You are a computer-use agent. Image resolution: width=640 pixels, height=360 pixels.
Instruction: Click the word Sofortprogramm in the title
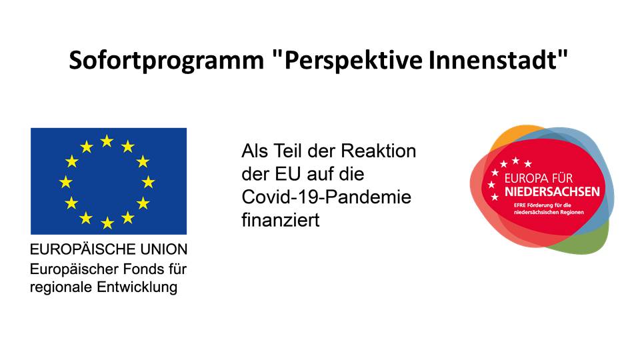pyautogui.click(x=167, y=61)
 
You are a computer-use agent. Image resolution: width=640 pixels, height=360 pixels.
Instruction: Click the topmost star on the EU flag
pyautogui.click(x=107, y=141)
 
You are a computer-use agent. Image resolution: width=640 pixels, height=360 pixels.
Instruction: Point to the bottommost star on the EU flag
pyautogui.click(x=107, y=223)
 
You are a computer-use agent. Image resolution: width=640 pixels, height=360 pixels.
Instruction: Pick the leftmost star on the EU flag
pyautogui.click(x=66, y=181)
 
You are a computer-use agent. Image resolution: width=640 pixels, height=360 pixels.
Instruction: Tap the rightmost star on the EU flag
pyautogui.click(x=148, y=181)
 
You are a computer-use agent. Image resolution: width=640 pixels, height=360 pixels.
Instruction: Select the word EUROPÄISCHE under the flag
pyautogui.click(x=83, y=248)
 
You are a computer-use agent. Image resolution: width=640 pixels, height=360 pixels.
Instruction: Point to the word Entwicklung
pyautogui.click(x=137, y=287)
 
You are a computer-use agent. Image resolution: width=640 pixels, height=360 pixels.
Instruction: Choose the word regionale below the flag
pyautogui.click(x=61, y=287)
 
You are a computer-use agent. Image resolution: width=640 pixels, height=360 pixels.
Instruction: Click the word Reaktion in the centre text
pyautogui.click(x=379, y=151)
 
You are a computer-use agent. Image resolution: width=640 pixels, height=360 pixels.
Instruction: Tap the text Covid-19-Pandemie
pyautogui.click(x=327, y=197)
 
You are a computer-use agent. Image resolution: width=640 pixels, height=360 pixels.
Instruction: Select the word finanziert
pyautogui.click(x=281, y=220)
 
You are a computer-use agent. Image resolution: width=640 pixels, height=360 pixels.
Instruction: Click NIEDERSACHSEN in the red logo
pyautogui.click(x=552, y=192)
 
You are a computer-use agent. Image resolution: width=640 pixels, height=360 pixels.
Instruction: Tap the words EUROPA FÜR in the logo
pyautogui.click(x=539, y=178)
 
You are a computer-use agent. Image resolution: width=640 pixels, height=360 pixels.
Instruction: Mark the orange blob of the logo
pyautogui.click(x=515, y=135)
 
